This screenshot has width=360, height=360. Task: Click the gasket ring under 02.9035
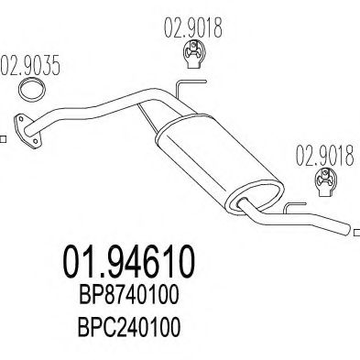point(34,91)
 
